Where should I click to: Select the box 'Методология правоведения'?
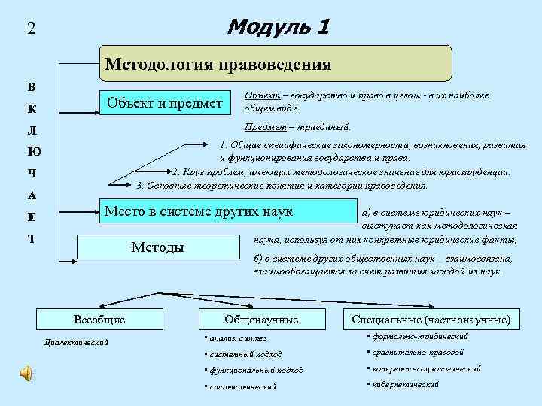[x=276, y=64]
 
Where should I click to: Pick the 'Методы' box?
[x=158, y=247]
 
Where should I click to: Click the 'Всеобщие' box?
[x=99, y=320]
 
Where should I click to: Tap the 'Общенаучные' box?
[x=261, y=320]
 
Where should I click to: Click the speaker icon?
[x=26, y=374]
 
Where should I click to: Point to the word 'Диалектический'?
[x=77, y=343]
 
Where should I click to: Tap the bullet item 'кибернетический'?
[x=405, y=384]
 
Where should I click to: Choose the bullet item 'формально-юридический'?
[x=420, y=336]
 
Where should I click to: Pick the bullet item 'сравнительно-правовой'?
[x=418, y=352]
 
